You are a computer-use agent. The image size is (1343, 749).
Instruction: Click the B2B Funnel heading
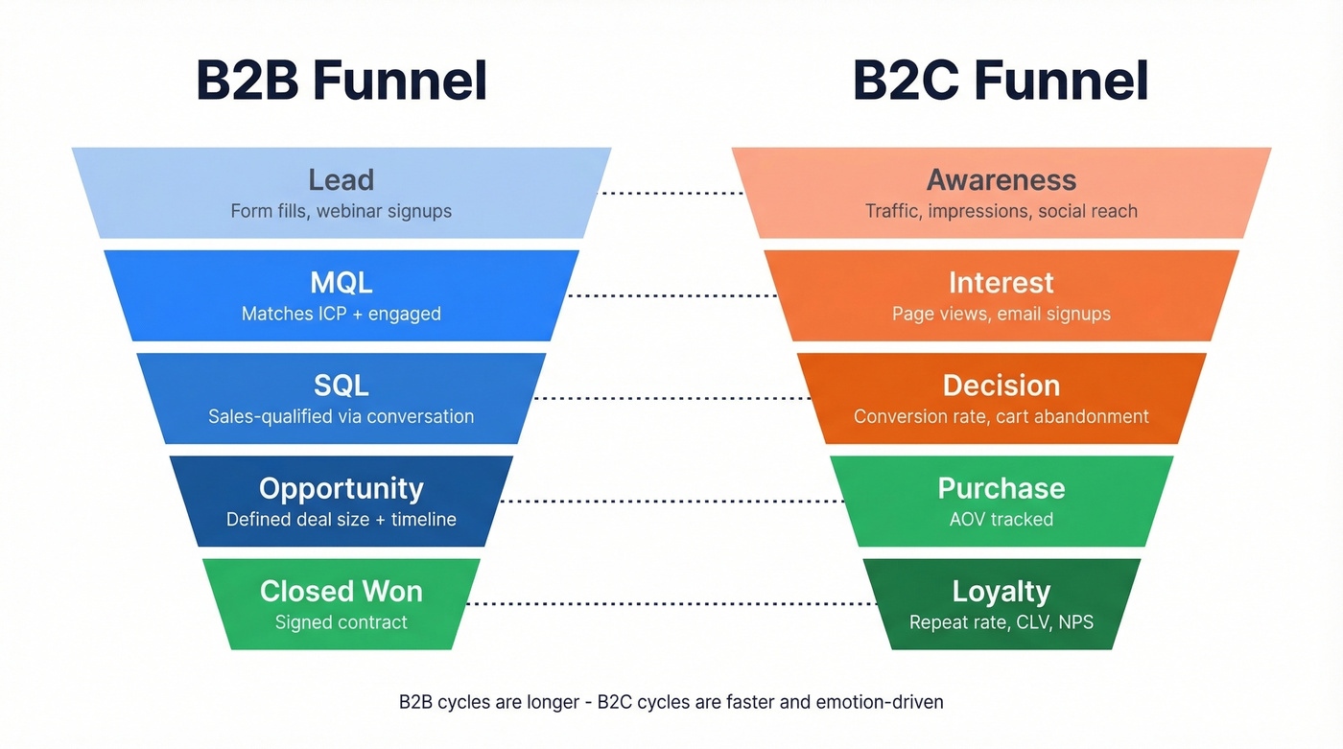point(342,81)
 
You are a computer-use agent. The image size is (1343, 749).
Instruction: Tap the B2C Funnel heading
point(1001,81)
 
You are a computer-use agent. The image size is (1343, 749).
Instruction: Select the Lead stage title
point(341,179)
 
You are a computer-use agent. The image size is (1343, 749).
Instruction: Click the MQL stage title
point(341,282)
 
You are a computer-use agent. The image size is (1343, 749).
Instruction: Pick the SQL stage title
point(341,385)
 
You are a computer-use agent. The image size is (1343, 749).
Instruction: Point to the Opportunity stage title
point(341,488)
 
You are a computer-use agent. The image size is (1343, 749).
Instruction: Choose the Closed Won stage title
point(341,591)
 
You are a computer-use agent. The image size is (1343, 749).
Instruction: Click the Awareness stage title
point(1001,179)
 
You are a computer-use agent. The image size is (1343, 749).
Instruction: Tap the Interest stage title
point(1001,282)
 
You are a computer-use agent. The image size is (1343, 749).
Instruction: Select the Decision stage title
point(1001,385)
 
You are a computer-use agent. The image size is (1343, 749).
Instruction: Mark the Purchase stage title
point(1001,488)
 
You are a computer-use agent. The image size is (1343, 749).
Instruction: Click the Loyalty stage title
point(1001,591)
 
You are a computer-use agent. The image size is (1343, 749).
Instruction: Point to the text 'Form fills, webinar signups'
point(341,211)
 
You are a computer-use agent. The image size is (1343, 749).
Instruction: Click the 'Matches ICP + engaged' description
point(341,314)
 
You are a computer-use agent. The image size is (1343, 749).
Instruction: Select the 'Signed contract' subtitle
point(341,622)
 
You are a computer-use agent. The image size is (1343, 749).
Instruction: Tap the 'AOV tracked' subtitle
point(1001,520)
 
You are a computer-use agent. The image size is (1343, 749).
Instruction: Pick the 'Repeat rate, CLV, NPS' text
point(1001,622)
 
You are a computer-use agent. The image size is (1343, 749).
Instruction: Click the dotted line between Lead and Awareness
point(671,193)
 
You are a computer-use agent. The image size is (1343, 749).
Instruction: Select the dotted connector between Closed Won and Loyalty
point(671,604)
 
